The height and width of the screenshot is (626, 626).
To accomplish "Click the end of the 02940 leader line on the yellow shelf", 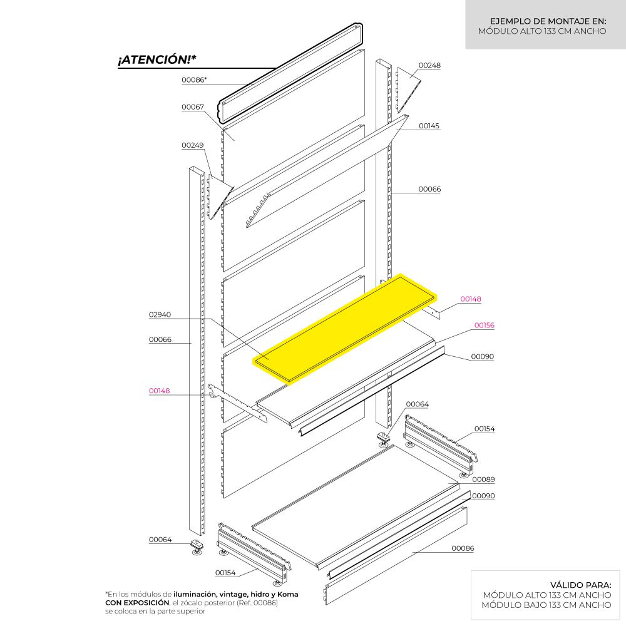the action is click(x=269, y=359).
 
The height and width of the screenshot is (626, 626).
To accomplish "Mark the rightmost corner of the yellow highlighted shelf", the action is click(x=436, y=296).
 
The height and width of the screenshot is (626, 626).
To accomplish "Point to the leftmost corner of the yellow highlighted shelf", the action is click(x=253, y=361).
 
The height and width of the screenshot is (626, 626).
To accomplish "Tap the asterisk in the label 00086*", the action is click(x=205, y=79).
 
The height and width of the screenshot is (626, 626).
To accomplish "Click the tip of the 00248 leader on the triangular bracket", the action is click(x=411, y=78).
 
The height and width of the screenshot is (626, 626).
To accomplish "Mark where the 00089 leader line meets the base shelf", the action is click(x=448, y=483).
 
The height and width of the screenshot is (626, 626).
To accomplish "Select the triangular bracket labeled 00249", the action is click(x=219, y=197).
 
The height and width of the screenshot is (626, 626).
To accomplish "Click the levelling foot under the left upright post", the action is click(x=197, y=547).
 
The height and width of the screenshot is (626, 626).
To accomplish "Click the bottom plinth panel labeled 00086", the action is click(x=396, y=555).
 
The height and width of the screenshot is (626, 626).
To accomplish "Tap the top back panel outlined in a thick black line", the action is click(x=290, y=73).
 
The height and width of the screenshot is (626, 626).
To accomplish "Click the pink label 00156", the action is click(x=484, y=326).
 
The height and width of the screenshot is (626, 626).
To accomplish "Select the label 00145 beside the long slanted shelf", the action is click(x=429, y=126).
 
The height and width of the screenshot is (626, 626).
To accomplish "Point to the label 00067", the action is click(x=192, y=107).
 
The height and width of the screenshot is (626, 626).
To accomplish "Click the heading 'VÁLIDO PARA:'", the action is click(x=580, y=585).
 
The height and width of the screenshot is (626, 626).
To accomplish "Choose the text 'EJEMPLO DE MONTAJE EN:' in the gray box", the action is click(x=548, y=21).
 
